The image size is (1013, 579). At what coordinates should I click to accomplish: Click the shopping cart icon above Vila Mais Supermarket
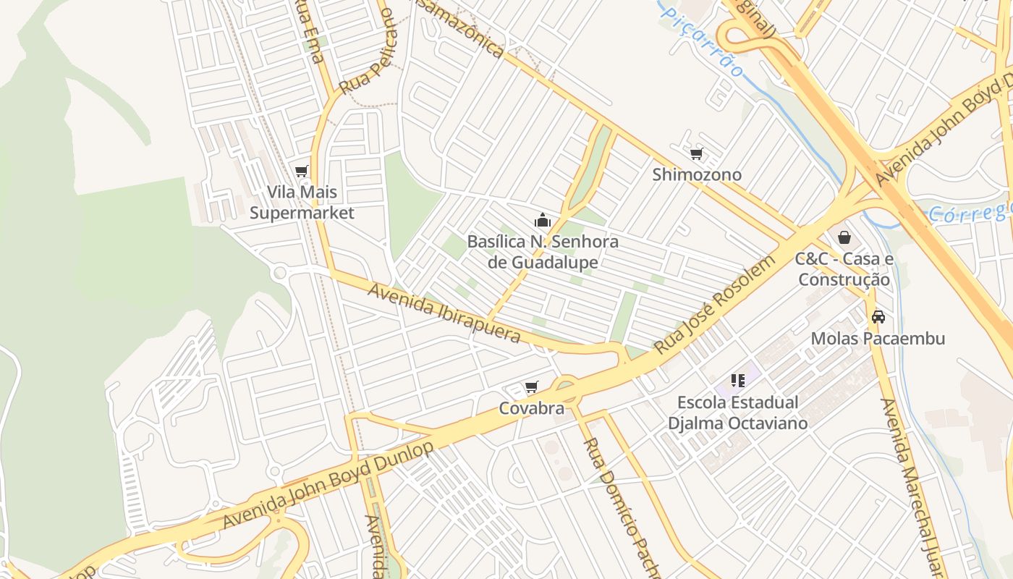click(302, 172)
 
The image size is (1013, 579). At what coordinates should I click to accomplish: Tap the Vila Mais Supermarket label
click(302, 203)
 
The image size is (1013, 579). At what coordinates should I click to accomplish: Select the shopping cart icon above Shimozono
click(697, 153)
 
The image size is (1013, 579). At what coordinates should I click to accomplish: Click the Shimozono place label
click(697, 174)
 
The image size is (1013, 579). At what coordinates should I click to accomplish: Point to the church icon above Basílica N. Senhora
click(543, 220)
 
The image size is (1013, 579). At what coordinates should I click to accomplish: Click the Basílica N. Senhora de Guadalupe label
click(543, 251)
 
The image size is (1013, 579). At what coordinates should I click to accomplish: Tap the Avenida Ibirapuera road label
click(444, 313)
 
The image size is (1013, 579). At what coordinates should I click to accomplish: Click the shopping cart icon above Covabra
click(532, 387)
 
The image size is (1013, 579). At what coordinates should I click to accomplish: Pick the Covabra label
click(532, 408)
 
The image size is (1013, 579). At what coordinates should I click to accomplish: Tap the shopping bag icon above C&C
click(844, 237)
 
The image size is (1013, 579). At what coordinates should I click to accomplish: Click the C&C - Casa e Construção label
click(844, 269)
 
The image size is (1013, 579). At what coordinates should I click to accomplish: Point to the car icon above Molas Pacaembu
click(878, 317)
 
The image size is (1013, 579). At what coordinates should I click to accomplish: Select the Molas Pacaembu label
click(878, 338)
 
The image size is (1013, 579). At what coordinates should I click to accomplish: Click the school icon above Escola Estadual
click(738, 381)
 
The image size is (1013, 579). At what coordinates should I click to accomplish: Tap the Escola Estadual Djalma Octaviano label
click(738, 413)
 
